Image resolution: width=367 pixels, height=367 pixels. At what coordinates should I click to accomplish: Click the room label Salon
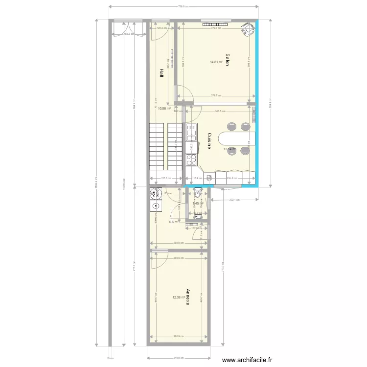tap(228, 60)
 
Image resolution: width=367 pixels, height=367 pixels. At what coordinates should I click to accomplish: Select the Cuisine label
tap(209, 141)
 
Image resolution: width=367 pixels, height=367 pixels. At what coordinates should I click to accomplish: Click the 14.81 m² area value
tap(216, 62)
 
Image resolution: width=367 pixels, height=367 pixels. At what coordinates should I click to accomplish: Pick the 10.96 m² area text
tap(164, 109)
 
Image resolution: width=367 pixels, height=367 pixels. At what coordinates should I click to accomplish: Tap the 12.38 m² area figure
tap(179, 297)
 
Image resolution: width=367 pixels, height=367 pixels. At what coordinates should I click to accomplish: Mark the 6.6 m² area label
tap(174, 222)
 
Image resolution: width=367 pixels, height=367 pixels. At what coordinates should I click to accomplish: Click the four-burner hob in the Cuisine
tap(191, 160)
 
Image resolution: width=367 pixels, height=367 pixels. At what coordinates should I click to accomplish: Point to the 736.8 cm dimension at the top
tap(183, 6)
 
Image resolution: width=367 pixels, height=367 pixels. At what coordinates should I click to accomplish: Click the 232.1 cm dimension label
tap(234, 200)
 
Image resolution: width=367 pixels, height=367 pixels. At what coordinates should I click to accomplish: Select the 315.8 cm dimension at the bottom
tap(179, 358)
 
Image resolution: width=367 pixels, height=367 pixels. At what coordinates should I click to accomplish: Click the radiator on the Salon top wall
tap(215, 22)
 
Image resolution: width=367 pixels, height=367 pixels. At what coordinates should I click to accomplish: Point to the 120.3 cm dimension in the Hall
tap(161, 28)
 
